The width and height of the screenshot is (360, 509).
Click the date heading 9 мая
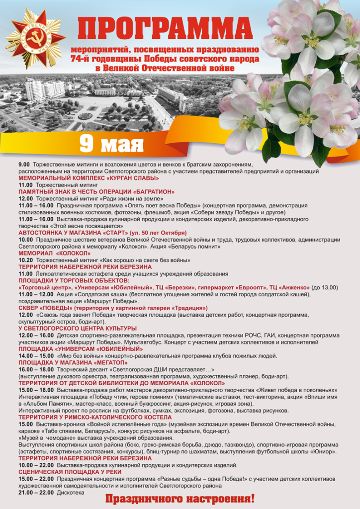112,144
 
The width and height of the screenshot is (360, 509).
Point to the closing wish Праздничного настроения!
180,498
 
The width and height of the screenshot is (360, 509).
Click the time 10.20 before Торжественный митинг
25,260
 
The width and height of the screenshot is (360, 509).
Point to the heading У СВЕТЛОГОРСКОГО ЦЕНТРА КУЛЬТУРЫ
77,329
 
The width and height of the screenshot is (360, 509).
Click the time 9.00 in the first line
24,164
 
